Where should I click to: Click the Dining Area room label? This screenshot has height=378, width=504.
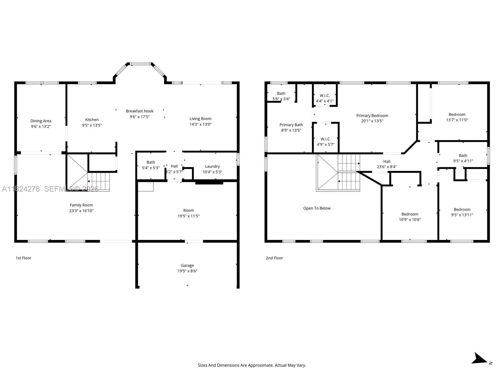point(41,121)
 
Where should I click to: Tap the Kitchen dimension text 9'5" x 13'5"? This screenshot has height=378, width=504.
point(92,125)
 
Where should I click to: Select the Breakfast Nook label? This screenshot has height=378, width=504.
point(140,111)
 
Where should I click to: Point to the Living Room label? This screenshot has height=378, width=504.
point(200,119)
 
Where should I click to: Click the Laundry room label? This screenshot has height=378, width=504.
point(212,166)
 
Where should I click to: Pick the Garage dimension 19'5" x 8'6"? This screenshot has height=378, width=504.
point(187,271)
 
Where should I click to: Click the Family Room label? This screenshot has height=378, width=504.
point(81,205)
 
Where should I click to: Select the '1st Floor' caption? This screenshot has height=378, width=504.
point(23,258)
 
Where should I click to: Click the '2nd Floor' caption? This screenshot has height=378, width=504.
point(274,258)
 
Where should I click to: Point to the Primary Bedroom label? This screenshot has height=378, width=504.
point(372,116)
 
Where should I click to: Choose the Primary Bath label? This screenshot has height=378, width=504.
point(291,125)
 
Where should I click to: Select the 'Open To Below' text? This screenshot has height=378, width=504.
point(317,208)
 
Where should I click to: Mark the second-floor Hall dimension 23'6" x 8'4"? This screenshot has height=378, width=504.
point(387,167)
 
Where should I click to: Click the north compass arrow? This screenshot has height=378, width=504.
point(480,359)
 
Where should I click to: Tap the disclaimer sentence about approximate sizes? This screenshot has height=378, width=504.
point(252,365)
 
